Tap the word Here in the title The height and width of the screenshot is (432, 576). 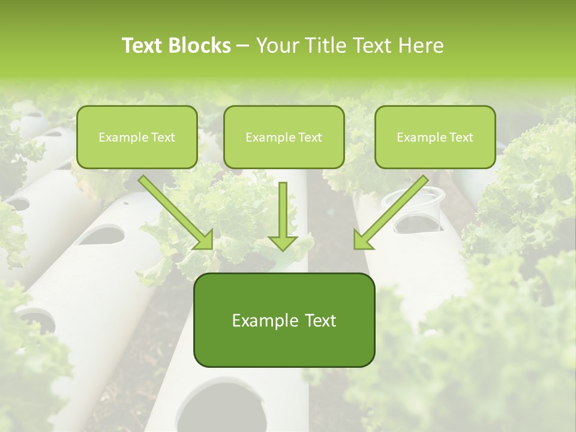click(421, 46)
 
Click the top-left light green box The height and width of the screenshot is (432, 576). click(137, 137)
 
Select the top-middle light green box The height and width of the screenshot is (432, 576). click(284, 137)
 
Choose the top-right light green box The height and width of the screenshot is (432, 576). click(435, 137)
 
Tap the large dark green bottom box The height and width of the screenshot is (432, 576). click(284, 320)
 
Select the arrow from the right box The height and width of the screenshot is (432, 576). click(390, 212)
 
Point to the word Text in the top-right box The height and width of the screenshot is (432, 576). click(461, 137)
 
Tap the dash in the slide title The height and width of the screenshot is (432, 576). click(243, 46)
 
